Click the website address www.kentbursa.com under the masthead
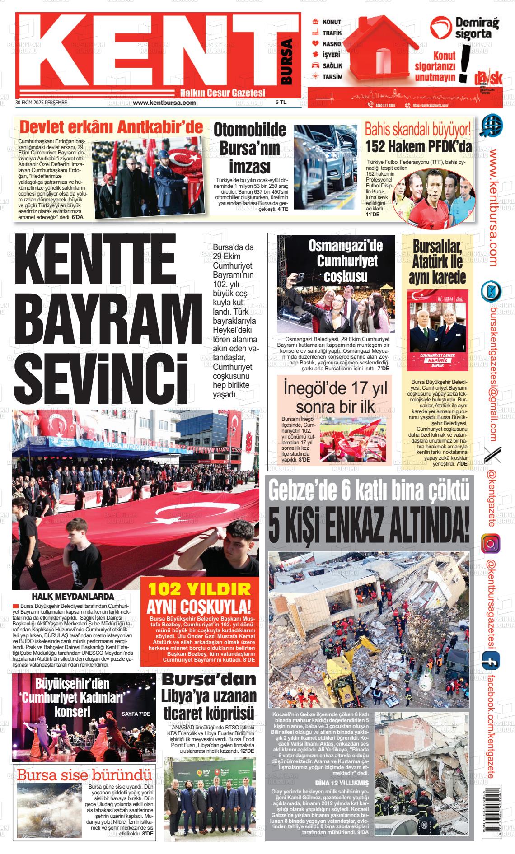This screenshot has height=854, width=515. click(x=164, y=103)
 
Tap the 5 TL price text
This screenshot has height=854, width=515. click(x=281, y=103)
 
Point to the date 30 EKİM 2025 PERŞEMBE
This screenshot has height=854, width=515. click(x=41, y=103)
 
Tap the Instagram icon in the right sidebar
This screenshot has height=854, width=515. click(x=491, y=543)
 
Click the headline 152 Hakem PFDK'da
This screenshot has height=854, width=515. click(x=418, y=147)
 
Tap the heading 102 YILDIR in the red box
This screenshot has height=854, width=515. click(x=199, y=589)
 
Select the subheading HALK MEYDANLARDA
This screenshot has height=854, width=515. click(x=73, y=597)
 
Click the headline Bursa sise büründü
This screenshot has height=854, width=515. click(x=84, y=775)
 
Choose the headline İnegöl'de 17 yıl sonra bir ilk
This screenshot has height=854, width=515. click(x=335, y=397)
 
